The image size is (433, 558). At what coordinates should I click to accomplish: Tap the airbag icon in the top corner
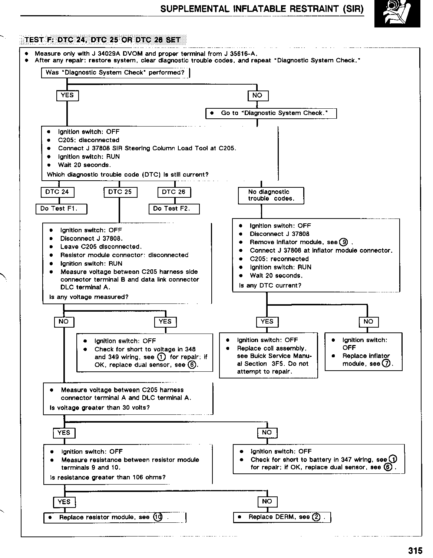(x=397, y=14)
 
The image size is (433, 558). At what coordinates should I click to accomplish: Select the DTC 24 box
(x=57, y=192)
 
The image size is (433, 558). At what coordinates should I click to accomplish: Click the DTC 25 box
(x=120, y=192)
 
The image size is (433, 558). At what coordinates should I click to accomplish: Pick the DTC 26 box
(x=174, y=192)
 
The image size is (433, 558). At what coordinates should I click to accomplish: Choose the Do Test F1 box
(x=61, y=209)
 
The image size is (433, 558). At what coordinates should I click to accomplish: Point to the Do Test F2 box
(x=173, y=209)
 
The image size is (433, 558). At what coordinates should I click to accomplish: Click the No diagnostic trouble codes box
(x=271, y=196)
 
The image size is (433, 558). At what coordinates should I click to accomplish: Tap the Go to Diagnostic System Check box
(x=271, y=113)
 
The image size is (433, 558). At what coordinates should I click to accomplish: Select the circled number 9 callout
(x=344, y=242)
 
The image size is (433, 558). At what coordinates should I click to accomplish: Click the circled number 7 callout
(x=386, y=364)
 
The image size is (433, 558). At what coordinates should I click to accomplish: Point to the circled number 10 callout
(x=158, y=518)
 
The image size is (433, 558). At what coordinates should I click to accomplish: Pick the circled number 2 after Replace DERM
(x=316, y=517)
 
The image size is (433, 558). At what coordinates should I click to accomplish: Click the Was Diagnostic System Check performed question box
(x=115, y=73)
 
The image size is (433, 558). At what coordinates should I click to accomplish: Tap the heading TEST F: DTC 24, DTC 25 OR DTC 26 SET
(x=102, y=40)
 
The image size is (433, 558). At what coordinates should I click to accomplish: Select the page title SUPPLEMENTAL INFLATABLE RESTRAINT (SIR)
(x=262, y=9)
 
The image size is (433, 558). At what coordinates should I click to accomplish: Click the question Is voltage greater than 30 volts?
(x=100, y=408)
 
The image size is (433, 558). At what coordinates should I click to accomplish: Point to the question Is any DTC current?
(x=270, y=286)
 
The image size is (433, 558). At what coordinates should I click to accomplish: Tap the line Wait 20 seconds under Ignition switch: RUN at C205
(x=85, y=165)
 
